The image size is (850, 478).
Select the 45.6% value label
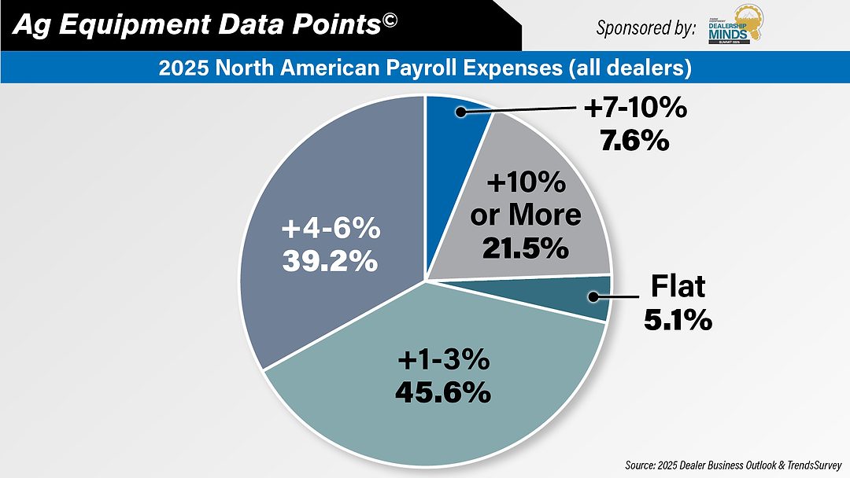[443, 390]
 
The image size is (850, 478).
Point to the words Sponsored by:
[645, 28]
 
